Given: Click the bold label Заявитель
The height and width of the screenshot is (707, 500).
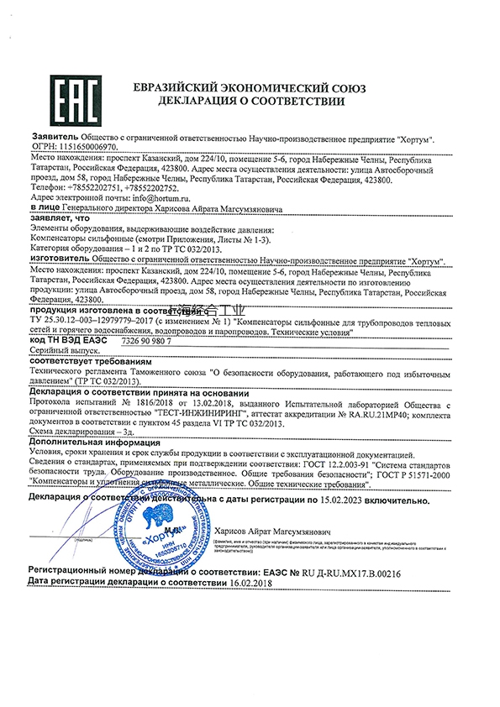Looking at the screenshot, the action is click(x=54, y=135).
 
